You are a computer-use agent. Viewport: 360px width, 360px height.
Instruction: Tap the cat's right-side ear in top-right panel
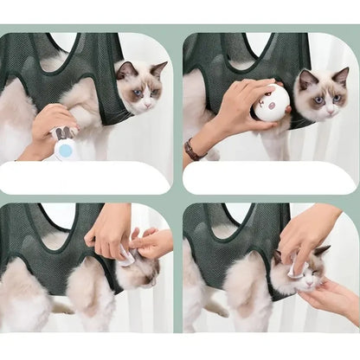(341, 76)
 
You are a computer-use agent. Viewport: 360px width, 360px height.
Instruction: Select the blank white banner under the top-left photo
(87, 177)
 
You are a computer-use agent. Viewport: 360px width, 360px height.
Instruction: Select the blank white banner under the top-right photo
(270, 177)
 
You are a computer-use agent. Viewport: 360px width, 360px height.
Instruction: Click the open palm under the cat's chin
(333, 299)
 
